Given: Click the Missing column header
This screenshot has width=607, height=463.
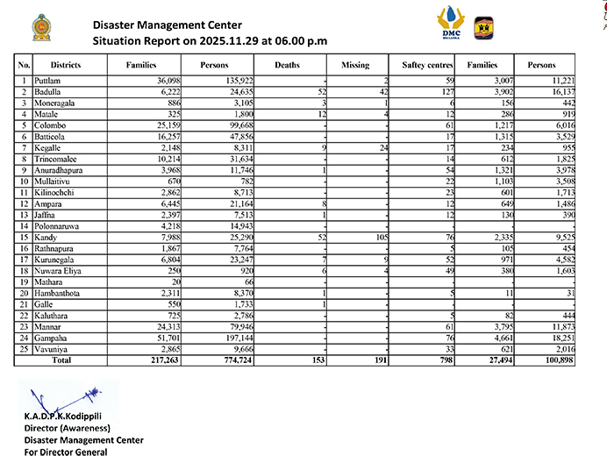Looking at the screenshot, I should point(354,65).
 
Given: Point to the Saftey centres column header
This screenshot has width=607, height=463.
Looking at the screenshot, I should point(426,65).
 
